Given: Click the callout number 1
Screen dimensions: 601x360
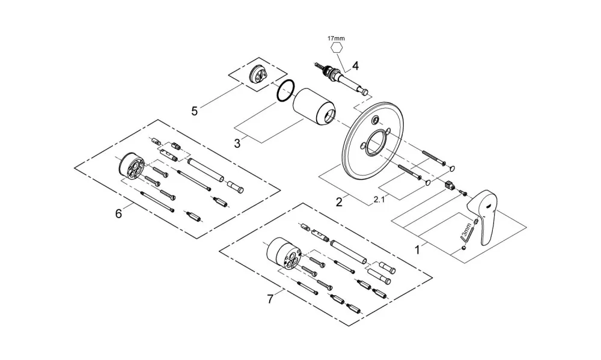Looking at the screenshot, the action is pyautogui.click(x=418, y=249).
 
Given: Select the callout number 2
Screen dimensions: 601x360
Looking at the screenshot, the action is pyautogui.click(x=339, y=202).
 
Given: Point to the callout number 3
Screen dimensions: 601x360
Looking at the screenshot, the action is pyautogui.click(x=237, y=144).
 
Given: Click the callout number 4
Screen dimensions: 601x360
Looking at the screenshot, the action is pyautogui.click(x=355, y=66).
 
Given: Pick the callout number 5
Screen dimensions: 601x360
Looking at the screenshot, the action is pyautogui.click(x=195, y=111).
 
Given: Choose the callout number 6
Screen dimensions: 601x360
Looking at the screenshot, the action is pyautogui.click(x=118, y=213).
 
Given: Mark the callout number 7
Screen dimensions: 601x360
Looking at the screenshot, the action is pyautogui.click(x=270, y=299).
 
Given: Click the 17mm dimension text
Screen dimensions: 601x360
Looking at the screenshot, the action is pyautogui.click(x=336, y=38).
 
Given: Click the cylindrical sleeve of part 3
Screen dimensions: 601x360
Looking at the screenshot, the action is pyautogui.click(x=314, y=107).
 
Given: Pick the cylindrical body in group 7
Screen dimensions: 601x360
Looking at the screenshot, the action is pyautogui.click(x=284, y=253).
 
